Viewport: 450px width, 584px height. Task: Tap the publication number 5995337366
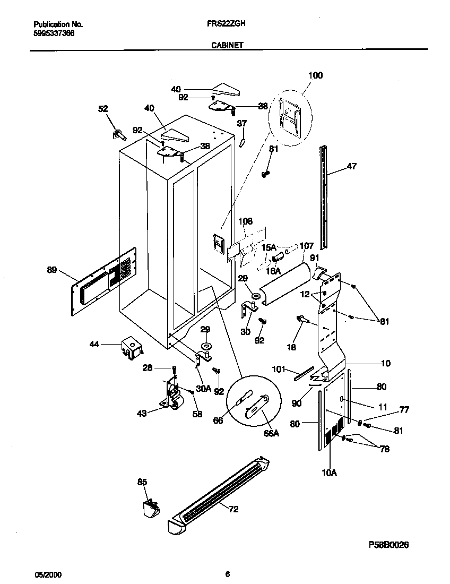pos(54,32)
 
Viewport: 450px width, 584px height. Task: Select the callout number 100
pos(315,76)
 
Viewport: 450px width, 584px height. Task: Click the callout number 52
pos(103,109)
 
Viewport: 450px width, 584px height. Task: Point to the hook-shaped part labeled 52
pos(117,134)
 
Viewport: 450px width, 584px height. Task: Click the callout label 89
pos(51,270)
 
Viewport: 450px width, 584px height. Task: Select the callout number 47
pos(351,166)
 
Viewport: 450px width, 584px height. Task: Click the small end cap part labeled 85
pos(150,508)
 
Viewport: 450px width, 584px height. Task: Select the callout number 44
pos(93,345)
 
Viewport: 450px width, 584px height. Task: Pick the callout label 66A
pos(271,433)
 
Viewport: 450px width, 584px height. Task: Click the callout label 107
pos(307,246)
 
